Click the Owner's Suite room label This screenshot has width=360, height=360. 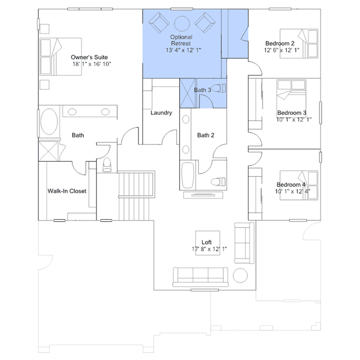pos(90,57)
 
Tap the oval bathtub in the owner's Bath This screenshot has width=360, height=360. pos(49,122)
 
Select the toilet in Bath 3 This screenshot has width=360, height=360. pos(219,88)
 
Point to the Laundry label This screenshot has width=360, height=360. pos(161,113)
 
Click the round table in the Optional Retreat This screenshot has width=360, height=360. pos(182,24)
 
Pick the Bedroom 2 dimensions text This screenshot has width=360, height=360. pos(282,50)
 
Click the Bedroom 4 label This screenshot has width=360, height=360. pos(291,185)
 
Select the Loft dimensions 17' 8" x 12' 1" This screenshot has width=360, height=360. pos(210,249)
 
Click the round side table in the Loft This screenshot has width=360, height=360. pos(241,275)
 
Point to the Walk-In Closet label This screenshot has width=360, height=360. pos(67,191)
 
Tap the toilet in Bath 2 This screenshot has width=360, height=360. pos(218,182)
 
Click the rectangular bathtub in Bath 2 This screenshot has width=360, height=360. pos(188,175)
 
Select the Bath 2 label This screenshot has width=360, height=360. pos(206,135)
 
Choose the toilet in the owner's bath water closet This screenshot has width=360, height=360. pos(107,165)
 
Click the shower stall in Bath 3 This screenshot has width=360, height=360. pos(188,93)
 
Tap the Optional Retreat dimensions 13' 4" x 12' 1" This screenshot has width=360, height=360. pos(184,50)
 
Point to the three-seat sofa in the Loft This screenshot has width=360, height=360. pos(201,277)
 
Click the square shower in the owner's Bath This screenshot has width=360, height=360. pos(48,151)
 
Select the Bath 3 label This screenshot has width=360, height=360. pos(202,90)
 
